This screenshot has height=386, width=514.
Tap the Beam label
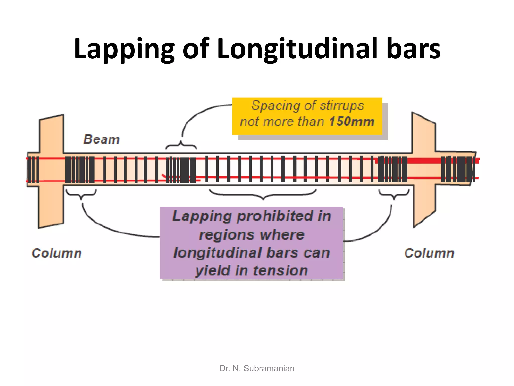pyautogui.click(x=101, y=139)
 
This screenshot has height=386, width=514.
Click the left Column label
pyautogui.click(x=56, y=253)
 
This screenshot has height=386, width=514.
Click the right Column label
pyautogui.click(x=429, y=253)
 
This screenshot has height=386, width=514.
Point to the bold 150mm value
pyautogui.click(x=352, y=122)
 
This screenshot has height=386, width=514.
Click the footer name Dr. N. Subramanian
pyautogui.click(x=257, y=368)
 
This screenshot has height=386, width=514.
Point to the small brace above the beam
pyautogui.click(x=181, y=146)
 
